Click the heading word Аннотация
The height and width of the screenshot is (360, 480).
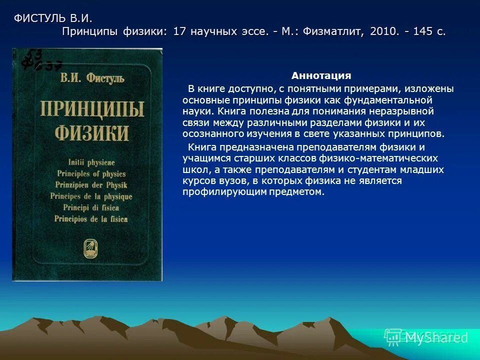point(321,76)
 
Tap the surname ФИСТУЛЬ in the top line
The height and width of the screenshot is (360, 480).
point(39,18)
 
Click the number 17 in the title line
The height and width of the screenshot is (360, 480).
point(179,31)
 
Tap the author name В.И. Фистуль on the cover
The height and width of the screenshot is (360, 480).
point(92,78)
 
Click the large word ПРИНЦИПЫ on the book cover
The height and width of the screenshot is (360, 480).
point(92,108)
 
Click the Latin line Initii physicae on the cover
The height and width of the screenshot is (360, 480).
point(88,162)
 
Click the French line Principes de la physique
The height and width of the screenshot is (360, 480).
point(91,196)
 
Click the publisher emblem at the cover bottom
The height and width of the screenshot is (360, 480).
point(92,246)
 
